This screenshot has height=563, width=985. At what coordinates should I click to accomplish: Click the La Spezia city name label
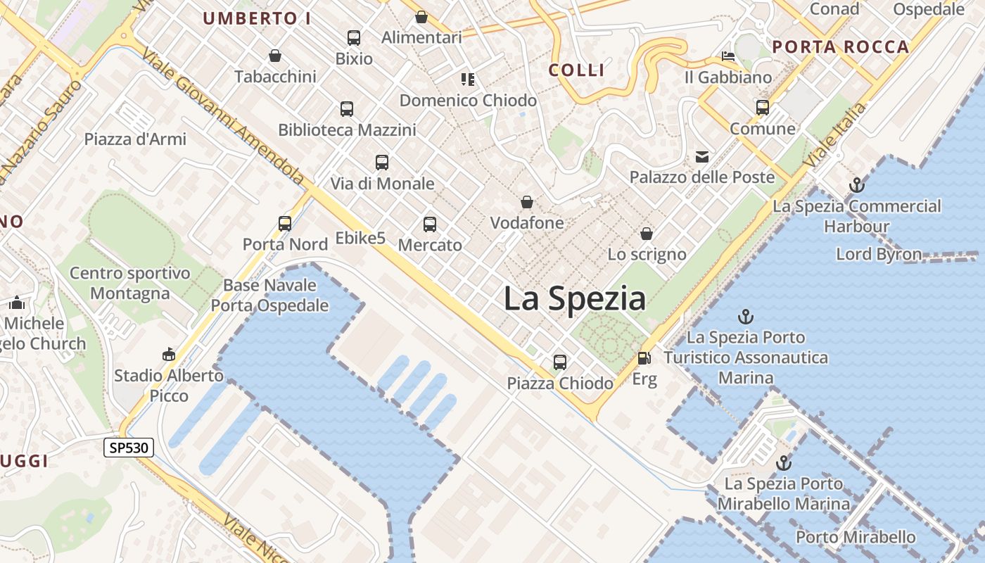(x=575, y=299)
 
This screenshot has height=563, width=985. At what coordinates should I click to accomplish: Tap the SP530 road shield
(x=129, y=447)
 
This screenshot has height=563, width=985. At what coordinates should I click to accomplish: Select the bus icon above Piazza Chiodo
(x=560, y=362)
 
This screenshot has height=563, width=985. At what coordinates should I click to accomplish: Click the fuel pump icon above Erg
(x=644, y=358)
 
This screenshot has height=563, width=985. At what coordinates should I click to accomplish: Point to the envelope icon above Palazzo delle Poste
(x=702, y=156)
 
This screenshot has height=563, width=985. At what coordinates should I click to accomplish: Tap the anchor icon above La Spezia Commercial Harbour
(x=856, y=185)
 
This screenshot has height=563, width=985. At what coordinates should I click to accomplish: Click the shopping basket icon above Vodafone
(x=527, y=203)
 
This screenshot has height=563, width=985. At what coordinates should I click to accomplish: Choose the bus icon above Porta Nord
(x=285, y=224)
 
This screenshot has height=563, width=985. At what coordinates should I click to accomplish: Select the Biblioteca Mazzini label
(x=347, y=129)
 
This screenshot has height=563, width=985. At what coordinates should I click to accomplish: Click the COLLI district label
(x=576, y=70)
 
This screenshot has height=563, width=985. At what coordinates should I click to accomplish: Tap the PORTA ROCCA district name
(x=841, y=47)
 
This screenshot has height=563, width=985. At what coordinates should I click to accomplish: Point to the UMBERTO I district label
(x=257, y=18)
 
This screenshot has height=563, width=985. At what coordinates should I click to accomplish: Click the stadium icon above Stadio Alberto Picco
(x=169, y=354)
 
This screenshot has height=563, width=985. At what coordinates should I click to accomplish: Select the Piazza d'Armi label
(x=135, y=139)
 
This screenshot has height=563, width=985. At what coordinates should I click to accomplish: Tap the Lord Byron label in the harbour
(x=879, y=254)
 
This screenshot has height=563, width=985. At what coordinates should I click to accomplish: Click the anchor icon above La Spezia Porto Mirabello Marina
(x=783, y=463)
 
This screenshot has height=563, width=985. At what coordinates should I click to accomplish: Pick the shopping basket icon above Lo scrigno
(x=647, y=234)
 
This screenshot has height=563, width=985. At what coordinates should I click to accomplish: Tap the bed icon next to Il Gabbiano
(x=728, y=56)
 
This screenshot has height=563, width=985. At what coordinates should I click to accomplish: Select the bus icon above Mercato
(x=430, y=224)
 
